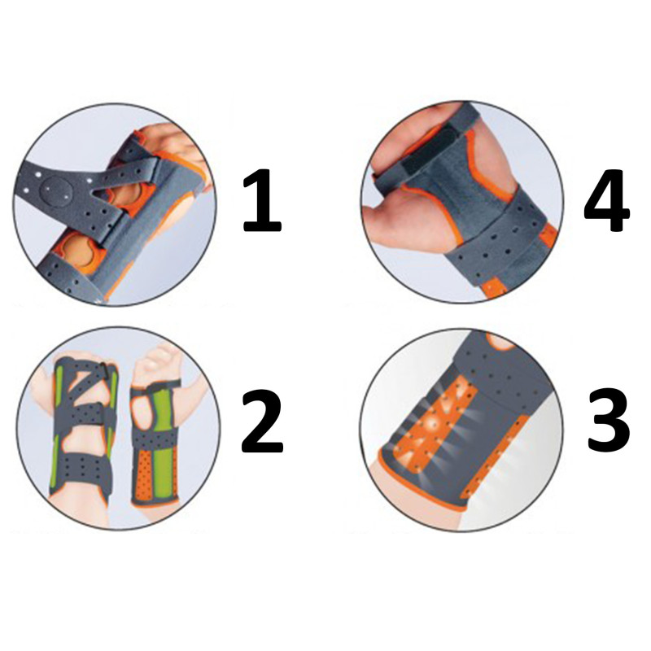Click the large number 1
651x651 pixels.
tap(262, 200)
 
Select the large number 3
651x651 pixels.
tap(608, 421)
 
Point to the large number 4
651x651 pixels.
tap(606, 200)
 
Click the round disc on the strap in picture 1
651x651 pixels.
tap(56, 191)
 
